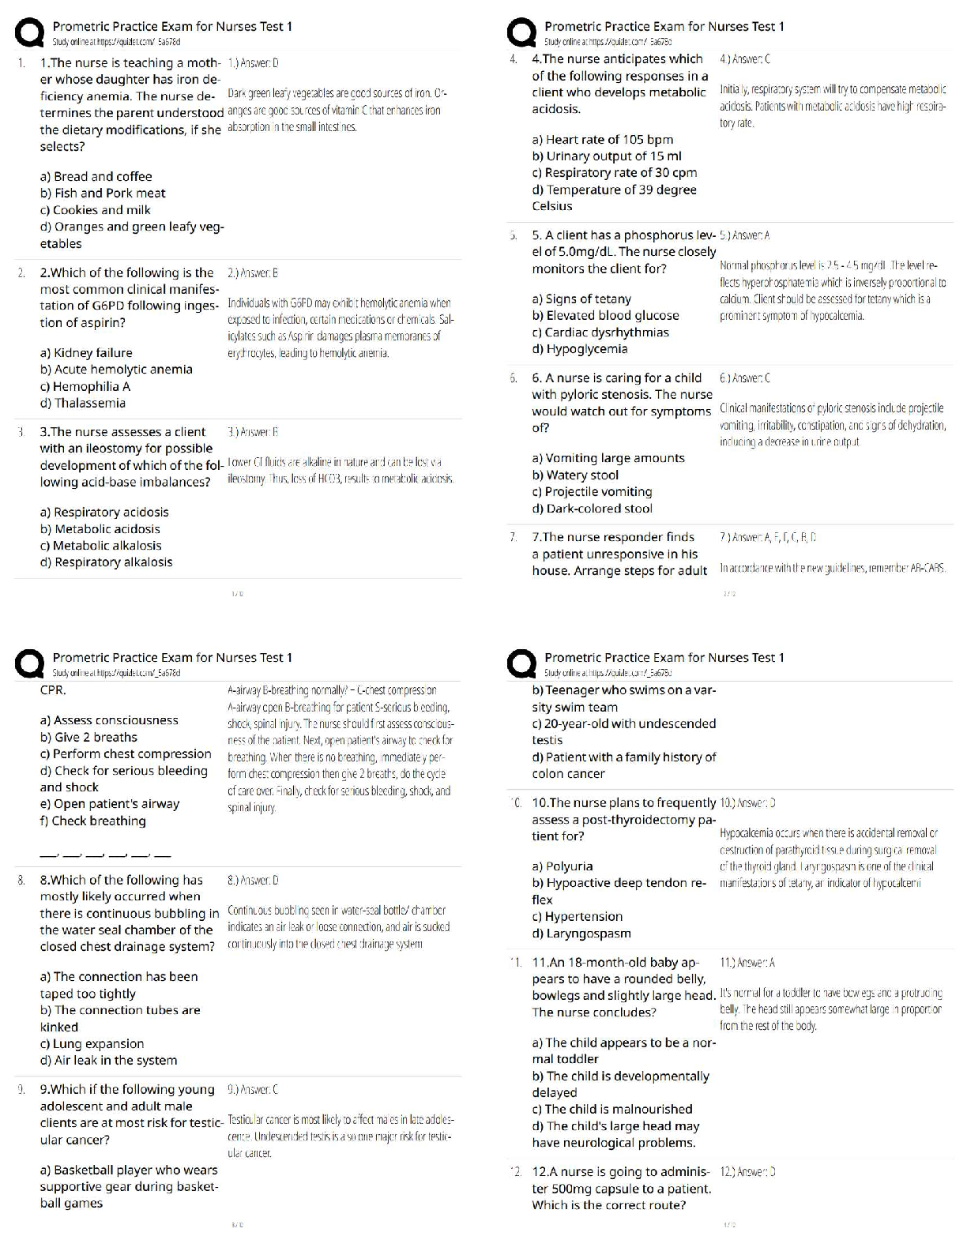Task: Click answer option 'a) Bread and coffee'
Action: point(96,176)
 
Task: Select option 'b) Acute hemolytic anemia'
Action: point(116,369)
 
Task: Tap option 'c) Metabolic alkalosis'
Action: point(100,545)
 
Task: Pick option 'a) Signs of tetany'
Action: point(581,299)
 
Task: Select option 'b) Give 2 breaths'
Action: point(88,737)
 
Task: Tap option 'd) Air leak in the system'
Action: point(108,1060)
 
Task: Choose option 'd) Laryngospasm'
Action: point(581,933)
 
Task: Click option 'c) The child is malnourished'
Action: point(611,1109)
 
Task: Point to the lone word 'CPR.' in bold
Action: point(53,689)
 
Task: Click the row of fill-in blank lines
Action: point(105,854)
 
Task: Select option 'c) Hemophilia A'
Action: point(85,386)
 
